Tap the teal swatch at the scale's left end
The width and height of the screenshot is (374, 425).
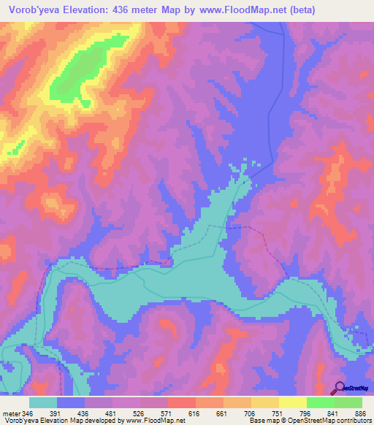[x=43, y=402]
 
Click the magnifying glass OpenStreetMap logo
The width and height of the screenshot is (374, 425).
[x=339, y=387]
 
